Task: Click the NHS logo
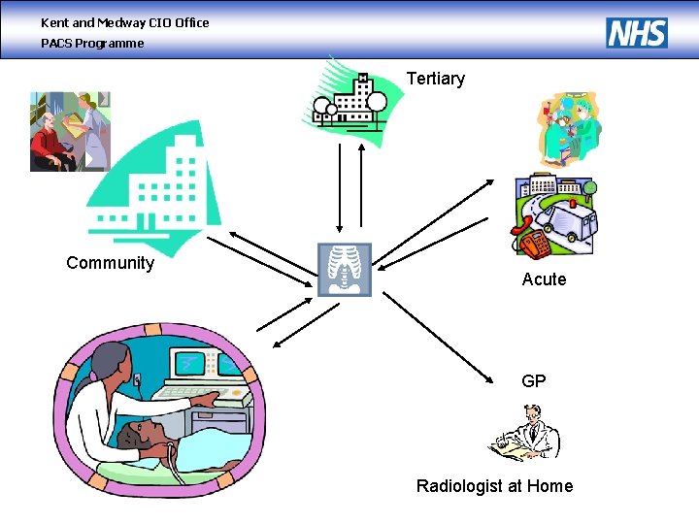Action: coord(637,33)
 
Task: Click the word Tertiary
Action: coord(435,79)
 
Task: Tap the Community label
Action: coord(110,263)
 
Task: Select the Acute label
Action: coord(544,279)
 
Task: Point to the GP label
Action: coord(534,381)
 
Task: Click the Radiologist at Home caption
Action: coord(494,486)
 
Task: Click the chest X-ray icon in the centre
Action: coord(345,269)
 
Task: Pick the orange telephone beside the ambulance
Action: coord(531,242)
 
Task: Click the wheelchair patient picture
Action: coord(70,132)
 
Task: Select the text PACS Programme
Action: coord(92,43)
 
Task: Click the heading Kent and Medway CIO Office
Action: coord(124,22)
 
